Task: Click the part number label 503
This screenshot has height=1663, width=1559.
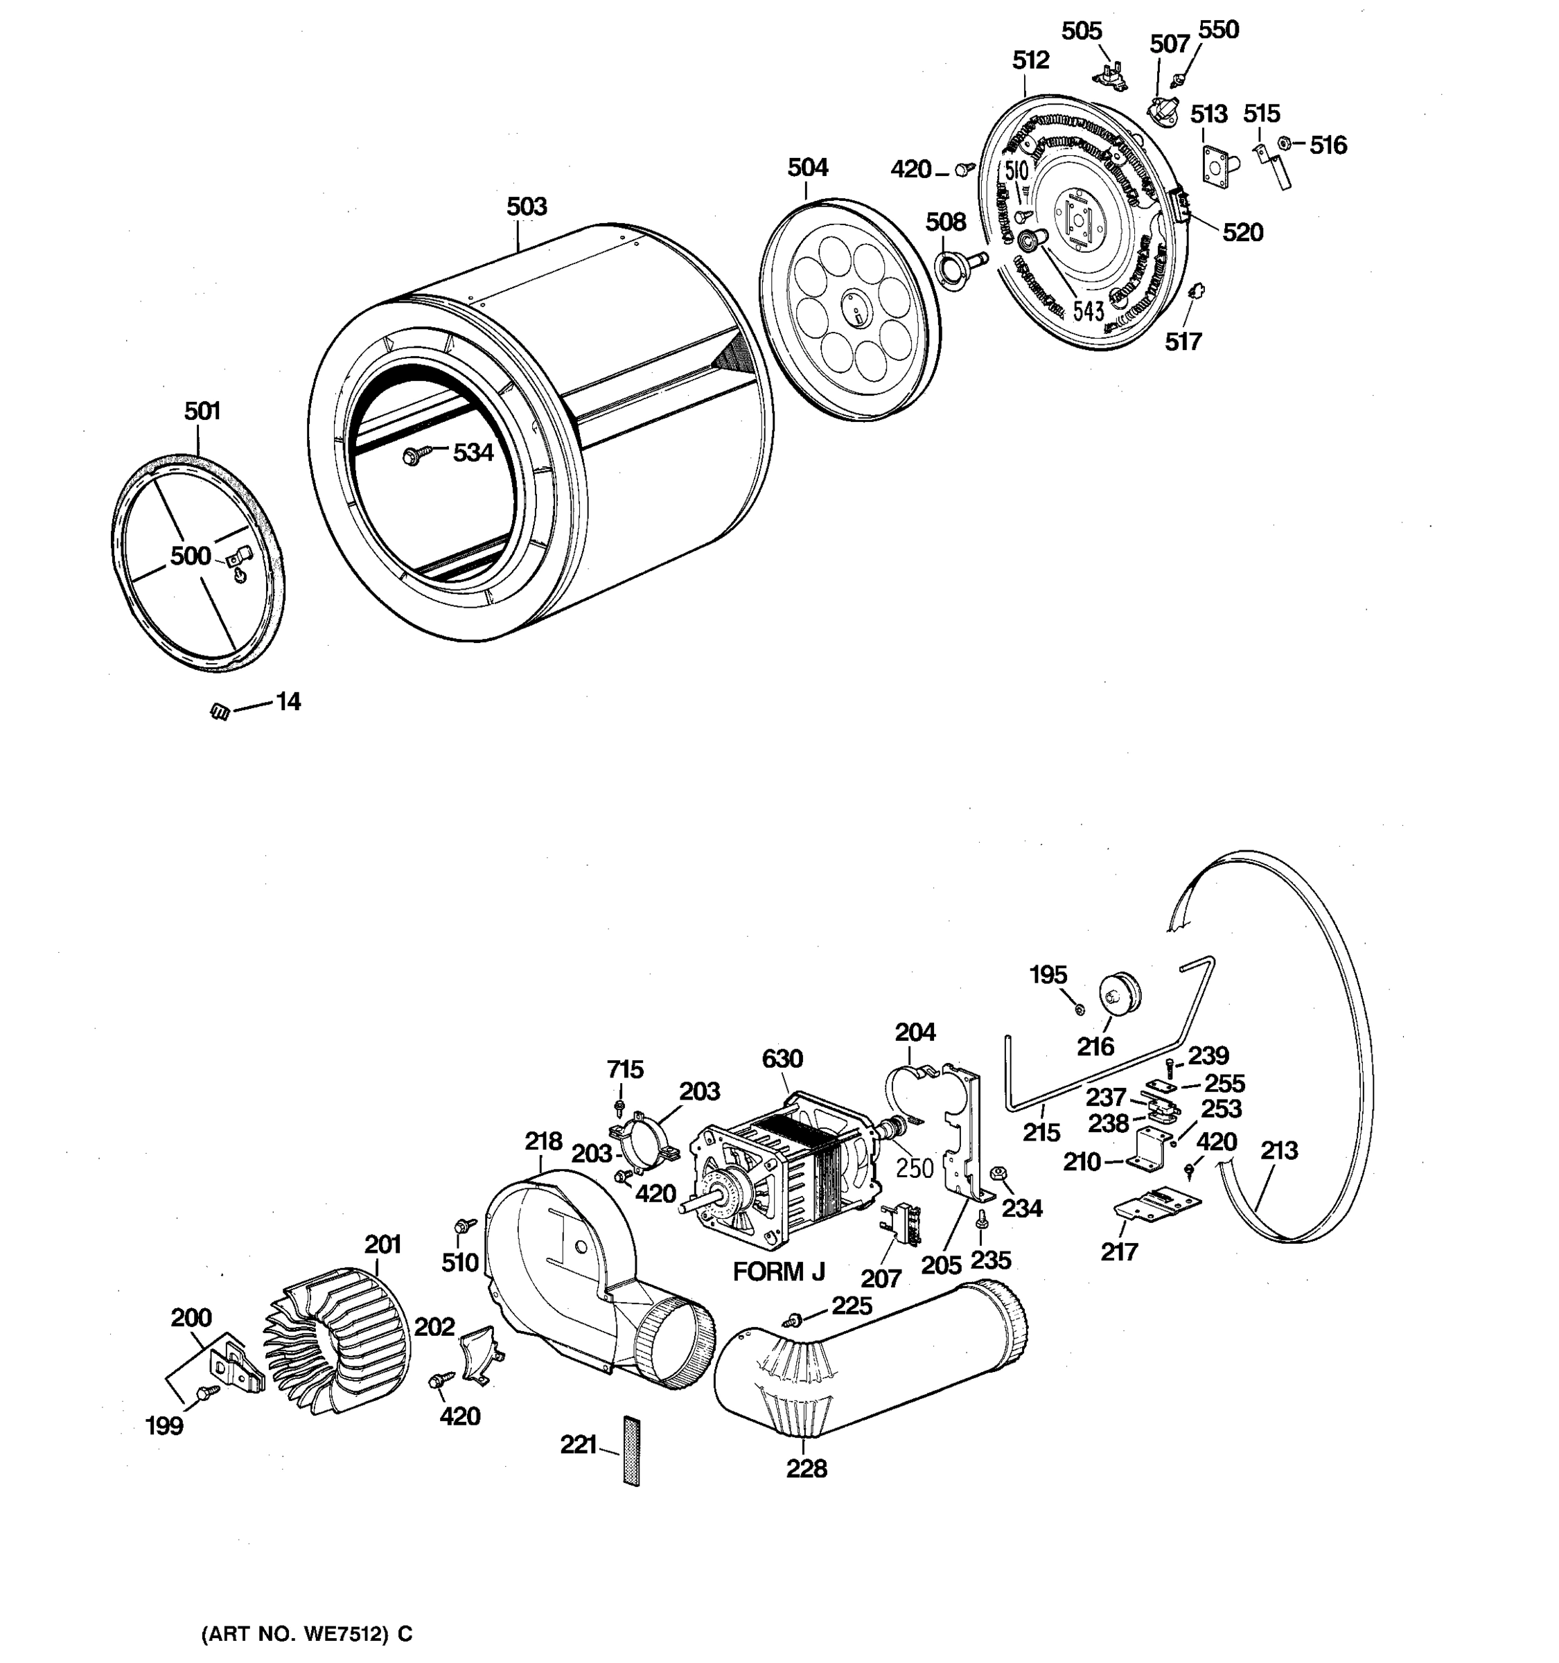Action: point(527,206)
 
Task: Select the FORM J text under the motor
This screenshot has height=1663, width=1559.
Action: point(779,1272)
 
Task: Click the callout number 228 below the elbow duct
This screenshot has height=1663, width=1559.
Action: point(807,1468)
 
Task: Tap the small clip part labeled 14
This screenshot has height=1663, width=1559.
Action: point(220,711)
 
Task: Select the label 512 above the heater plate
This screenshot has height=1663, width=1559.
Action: point(1030,60)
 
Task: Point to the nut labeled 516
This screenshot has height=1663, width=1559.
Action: point(1285,143)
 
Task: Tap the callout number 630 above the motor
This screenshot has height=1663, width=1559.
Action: point(782,1059)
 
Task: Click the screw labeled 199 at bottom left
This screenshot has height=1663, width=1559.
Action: point(205,1391)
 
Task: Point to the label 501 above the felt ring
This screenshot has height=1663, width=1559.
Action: point(202,411)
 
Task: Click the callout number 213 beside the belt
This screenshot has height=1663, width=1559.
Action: point(1279,1151)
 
